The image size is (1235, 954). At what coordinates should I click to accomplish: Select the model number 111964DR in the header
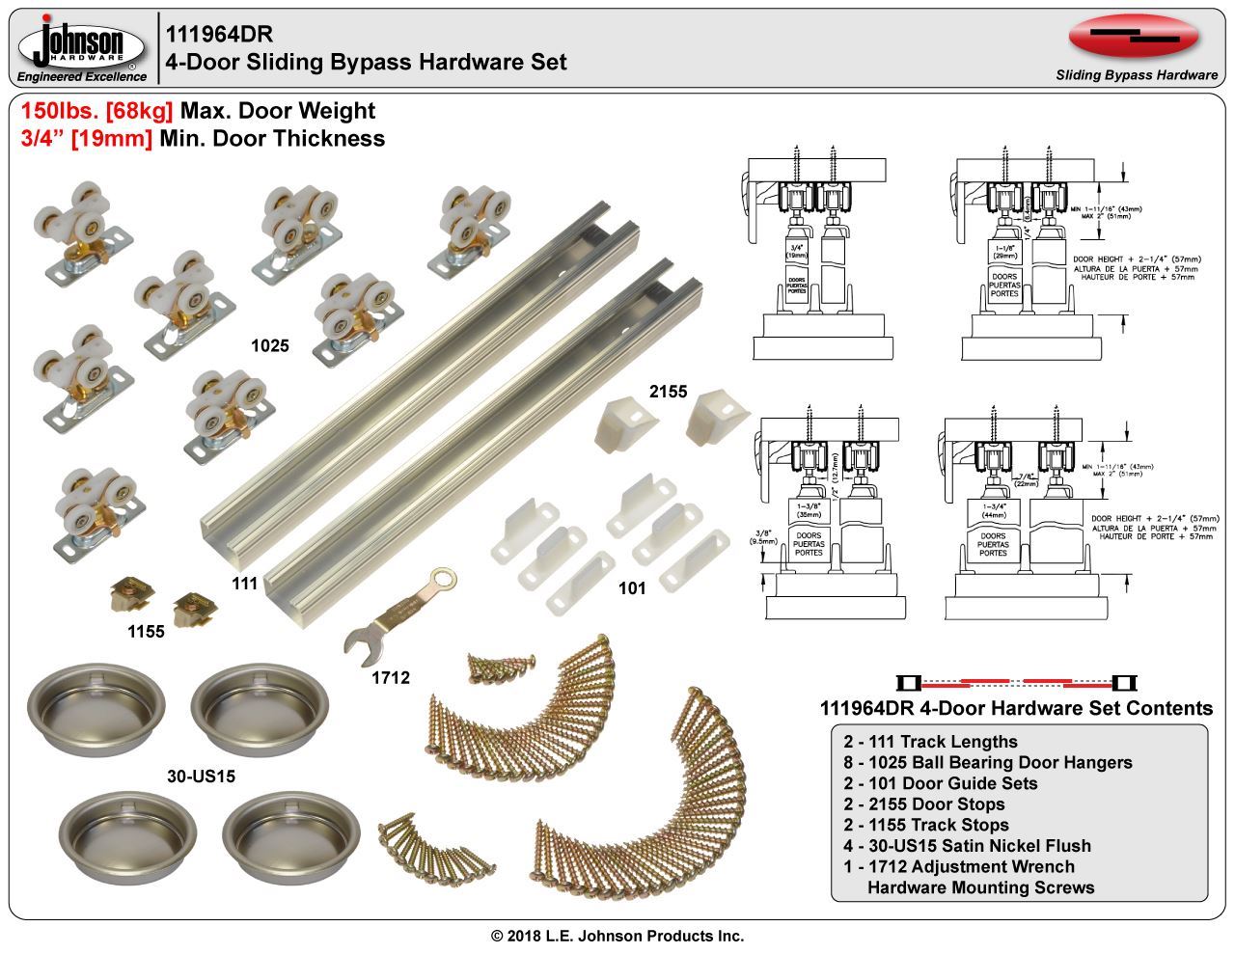pyautogui.click(x=219, y=34)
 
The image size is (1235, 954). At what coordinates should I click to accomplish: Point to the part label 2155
pyautogui.click(x=668, y=391)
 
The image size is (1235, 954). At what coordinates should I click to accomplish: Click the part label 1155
pyautogui.click(x=146, y=633)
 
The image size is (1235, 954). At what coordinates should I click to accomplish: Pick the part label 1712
pyautogui.click(x=391, y=678)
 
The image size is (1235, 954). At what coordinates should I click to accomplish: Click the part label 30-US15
pyautogui.click(x=201, y=775)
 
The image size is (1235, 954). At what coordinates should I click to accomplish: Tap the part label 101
pyautogui.click(x=631, y=587)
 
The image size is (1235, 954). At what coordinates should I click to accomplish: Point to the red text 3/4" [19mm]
pyautogui.click(x=86, y=139)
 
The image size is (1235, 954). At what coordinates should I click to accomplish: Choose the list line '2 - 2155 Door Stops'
pyautogui.click(x=923, y=804)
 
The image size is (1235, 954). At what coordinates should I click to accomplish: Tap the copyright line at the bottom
pyautogui.click(x=617, y=936)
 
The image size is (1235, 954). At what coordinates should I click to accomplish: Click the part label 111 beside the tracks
pyautogui.click(x=244, y=583)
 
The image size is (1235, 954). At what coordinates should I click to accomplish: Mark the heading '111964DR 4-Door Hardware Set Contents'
pyautogui.click(x=1015, y=708)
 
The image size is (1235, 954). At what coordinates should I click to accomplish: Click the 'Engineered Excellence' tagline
pyautogui.click(x=82, y=76)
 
